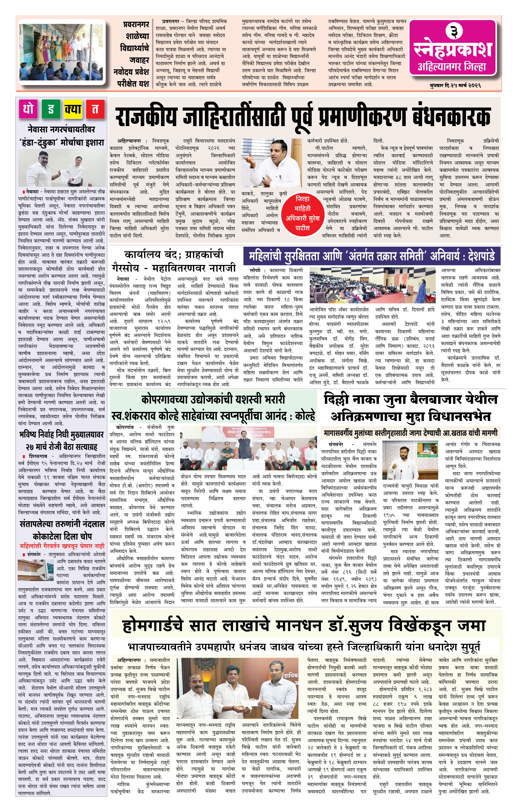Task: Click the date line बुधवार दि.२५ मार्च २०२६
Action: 455,86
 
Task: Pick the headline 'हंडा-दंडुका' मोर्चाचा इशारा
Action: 61,143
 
